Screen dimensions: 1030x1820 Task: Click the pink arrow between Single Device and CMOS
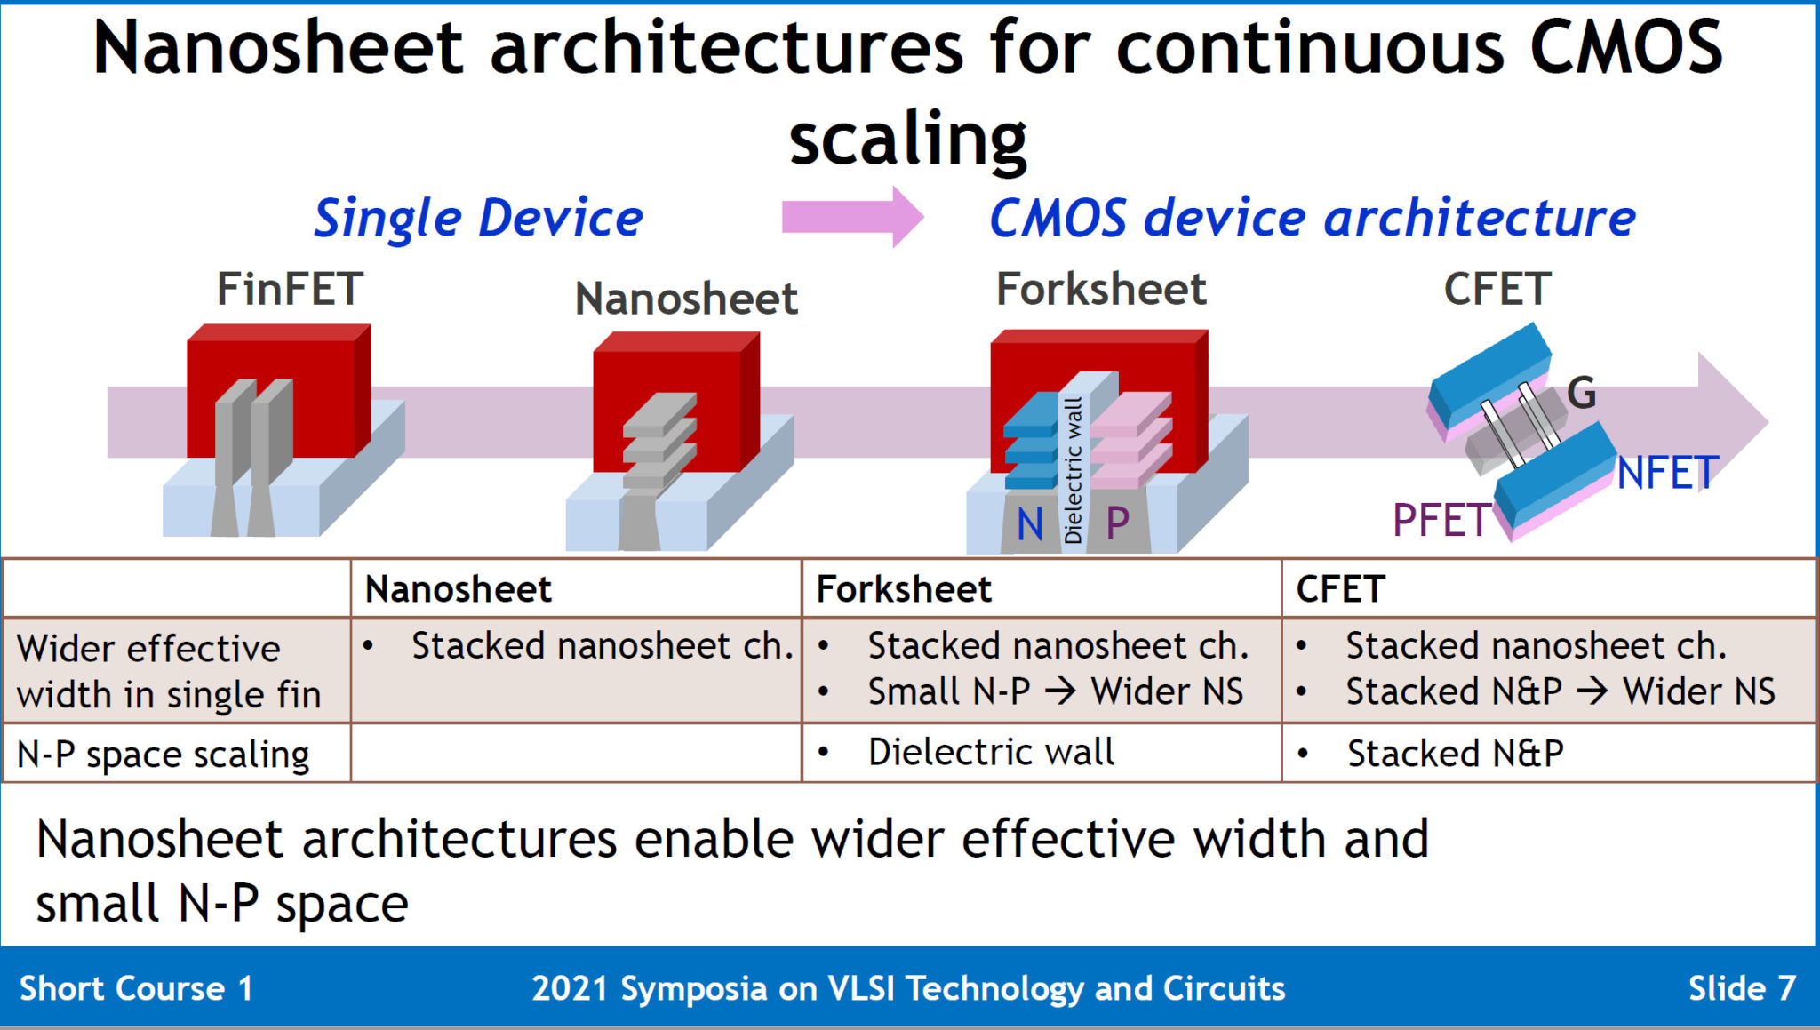(851, 217)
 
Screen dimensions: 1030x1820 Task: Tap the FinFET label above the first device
(290, 290)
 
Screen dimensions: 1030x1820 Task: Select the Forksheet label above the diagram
(1101, 290)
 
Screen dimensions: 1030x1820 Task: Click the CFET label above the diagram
(1497, 290)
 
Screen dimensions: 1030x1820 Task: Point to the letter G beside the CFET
(1581, 393)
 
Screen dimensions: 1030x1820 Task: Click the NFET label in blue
(1667, 473)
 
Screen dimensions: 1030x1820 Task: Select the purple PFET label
(1441, 520)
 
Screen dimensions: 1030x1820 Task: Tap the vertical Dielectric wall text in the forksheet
(1074, 470)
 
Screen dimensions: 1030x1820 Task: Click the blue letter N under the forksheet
(1029, 524)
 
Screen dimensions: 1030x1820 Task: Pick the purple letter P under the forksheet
(1117, 523)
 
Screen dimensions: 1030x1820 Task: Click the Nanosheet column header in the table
(458, 589)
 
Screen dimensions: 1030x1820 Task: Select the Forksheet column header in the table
(903, 589)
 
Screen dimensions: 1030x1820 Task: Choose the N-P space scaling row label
(163, 755)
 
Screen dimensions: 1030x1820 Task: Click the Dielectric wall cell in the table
(990, 753)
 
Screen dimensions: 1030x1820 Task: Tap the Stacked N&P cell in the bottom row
(1455, 754)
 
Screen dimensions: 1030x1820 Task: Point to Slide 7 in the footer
(1741, 988)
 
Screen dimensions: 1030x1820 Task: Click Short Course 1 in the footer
(136, 988)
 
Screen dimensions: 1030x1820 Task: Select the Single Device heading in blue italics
(478, 219)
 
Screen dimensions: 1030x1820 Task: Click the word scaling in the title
(907, 140)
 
